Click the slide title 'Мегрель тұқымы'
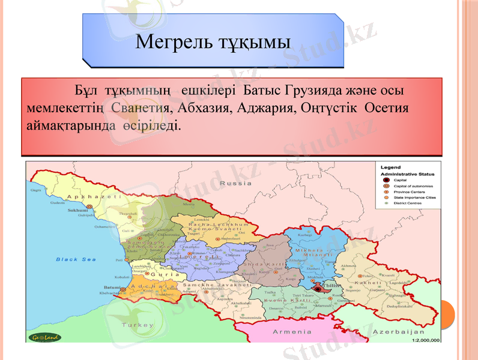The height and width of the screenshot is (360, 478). pyautogui.click(x=213, y=42)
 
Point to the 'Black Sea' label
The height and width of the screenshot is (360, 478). pyautogui.click(x=76, y=259)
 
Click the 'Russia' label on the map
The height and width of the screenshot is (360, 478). pyautogui.click(x=236, y=183)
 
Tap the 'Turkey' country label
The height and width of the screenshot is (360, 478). pyautogui.click(x=138, y=325)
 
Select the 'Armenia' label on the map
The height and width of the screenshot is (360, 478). pyautogui.click(x=292, y=332)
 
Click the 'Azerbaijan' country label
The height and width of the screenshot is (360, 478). pyautogui.click(x=399, y=332)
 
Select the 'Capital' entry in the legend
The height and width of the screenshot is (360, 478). pyautogui.click(x=401, y=179)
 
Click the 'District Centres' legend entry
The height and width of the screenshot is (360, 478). pyautogui.click(x=407, y=203)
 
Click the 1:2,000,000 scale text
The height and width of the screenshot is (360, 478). pyautogui.click(x=425, y=340)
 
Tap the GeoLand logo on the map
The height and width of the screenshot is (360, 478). pyautogui.click(x=44, y=336)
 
